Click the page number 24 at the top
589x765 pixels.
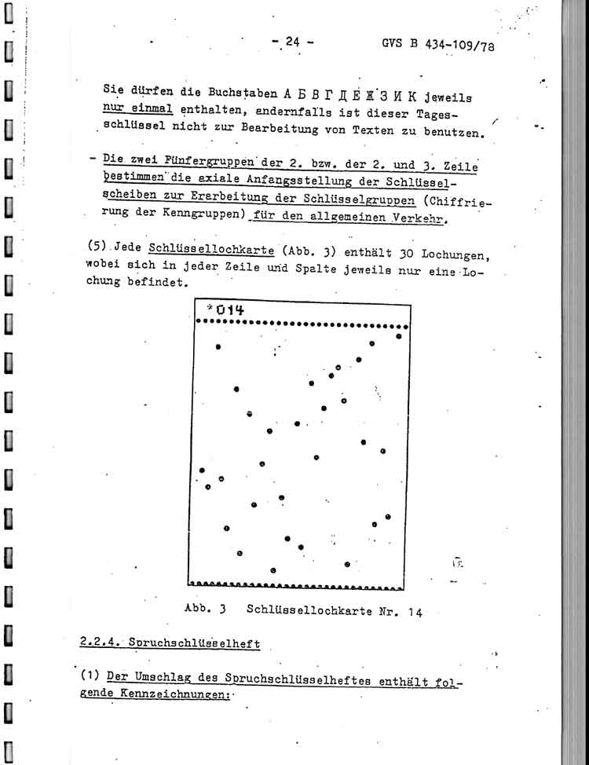[292, 42]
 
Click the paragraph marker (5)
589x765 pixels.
[99, 245]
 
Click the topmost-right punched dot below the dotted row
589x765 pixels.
[399, 336]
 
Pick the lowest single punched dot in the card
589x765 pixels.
[273, 570]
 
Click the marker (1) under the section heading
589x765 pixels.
[89, 675]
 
